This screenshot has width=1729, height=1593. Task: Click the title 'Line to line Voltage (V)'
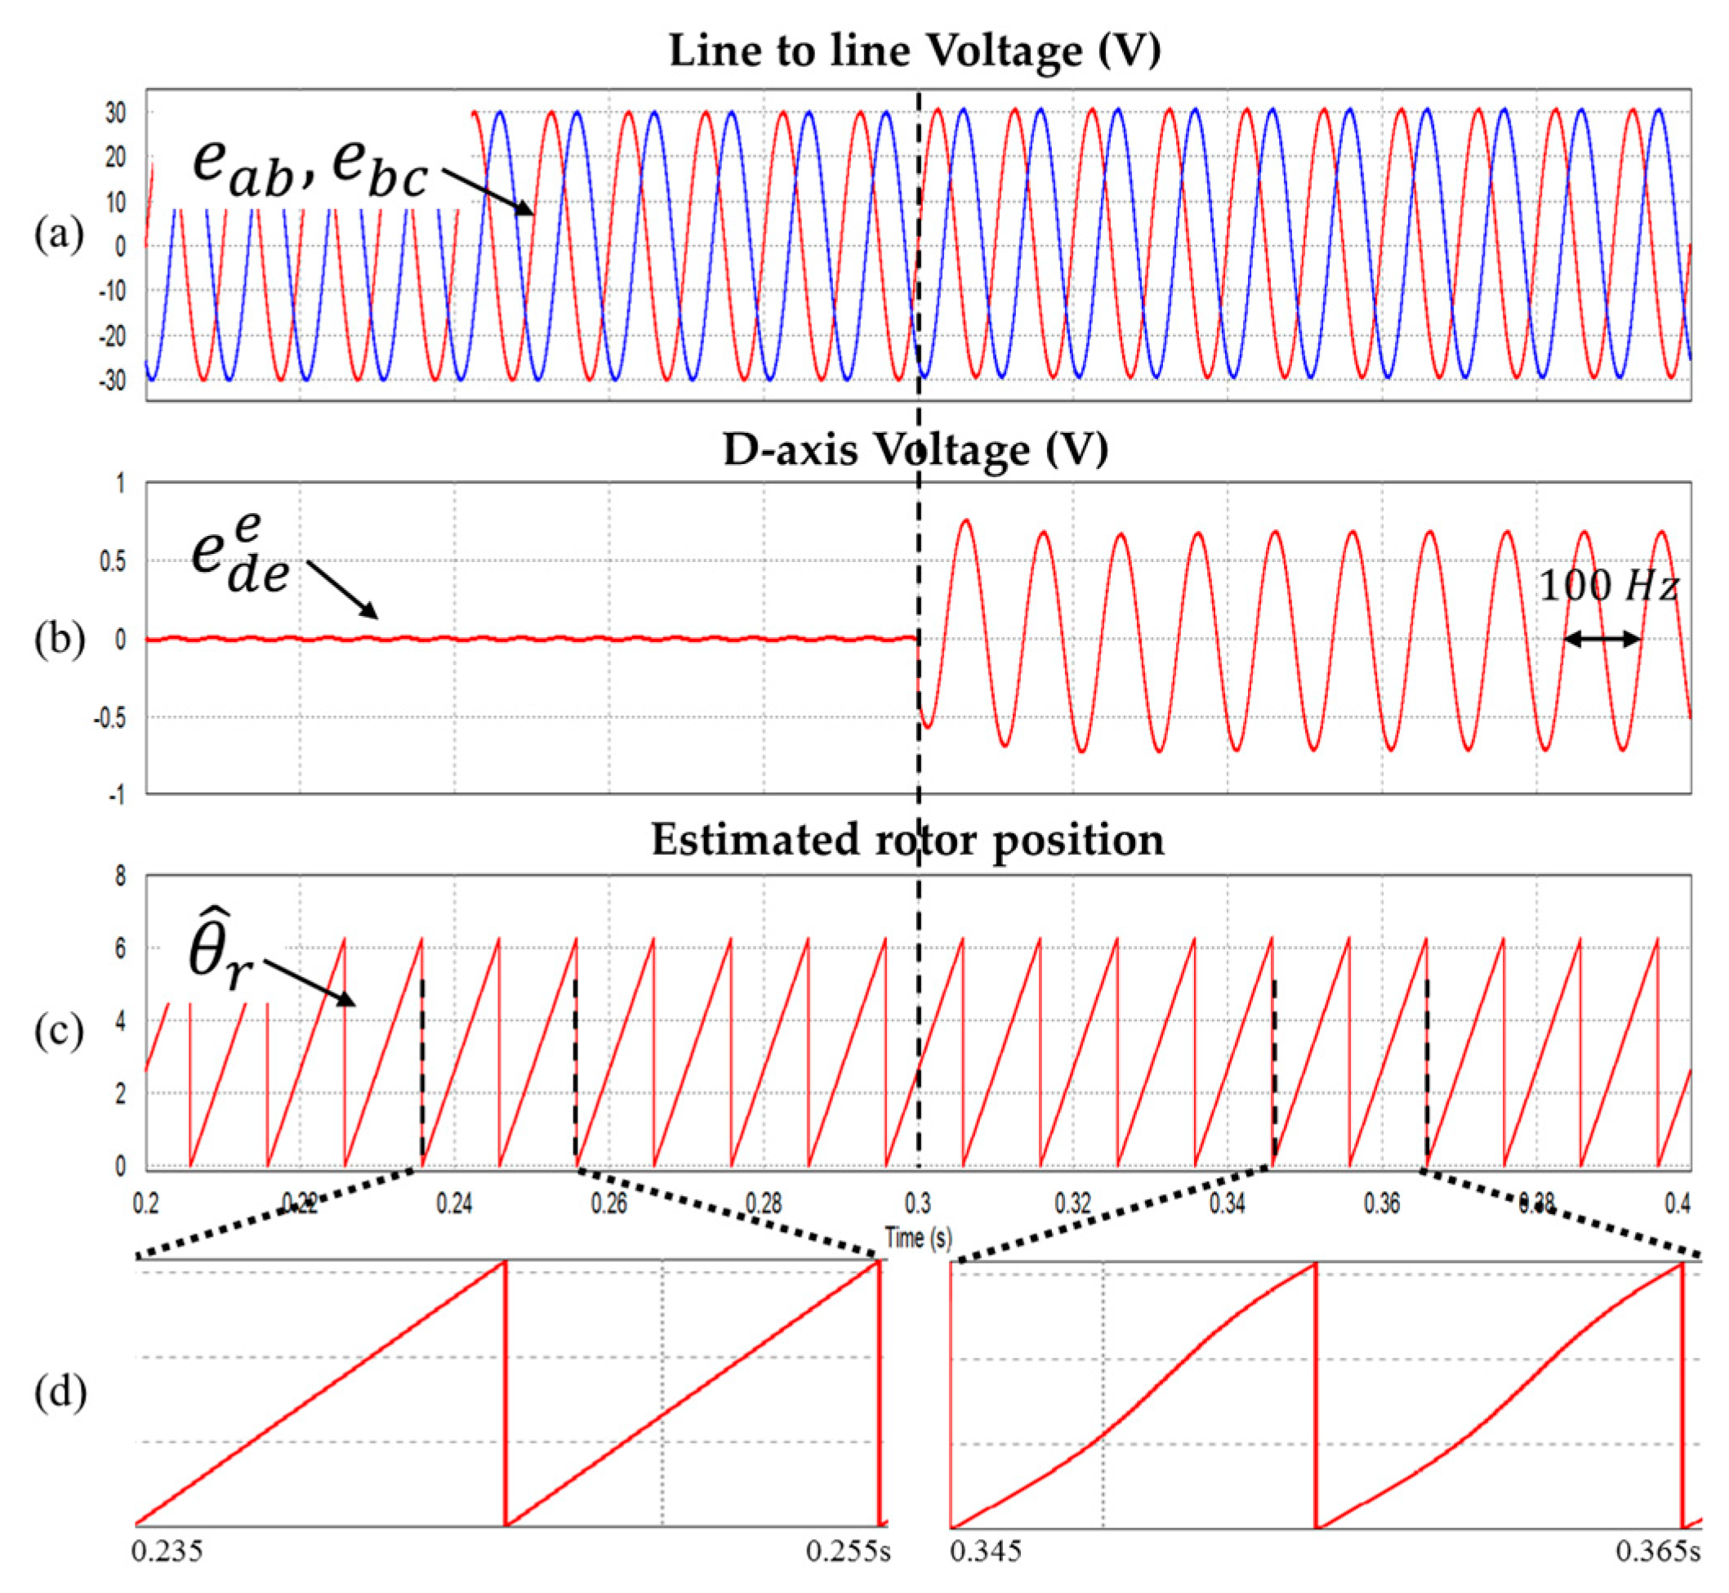point(915,50)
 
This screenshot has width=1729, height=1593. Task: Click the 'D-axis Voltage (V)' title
point(915,449)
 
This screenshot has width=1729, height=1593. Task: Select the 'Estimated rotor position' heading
point(907,840)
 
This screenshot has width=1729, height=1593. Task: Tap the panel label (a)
point(59,234)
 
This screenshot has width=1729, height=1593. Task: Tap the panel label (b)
point(59,639)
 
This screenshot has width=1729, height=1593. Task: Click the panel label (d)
point(60,1392)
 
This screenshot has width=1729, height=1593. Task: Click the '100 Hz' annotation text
point(1608,587)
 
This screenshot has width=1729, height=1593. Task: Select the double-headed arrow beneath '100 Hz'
point(1602,639)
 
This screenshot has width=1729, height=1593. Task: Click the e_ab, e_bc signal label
point(309,167)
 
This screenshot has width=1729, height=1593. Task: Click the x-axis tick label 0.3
point(918,1203)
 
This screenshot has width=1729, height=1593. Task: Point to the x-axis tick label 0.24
point(454,1203)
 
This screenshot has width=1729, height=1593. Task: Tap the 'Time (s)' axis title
point(918,1238)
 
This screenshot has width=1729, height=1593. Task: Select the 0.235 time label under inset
point(167,1575)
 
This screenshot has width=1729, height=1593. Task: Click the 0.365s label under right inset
point(1657,1575)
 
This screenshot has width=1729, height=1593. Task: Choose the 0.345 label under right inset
point(985,1575)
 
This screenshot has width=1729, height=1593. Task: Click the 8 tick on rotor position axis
point(120,877)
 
